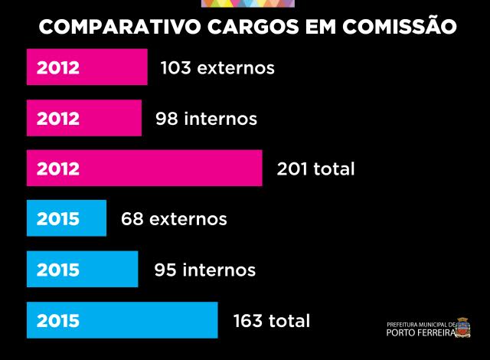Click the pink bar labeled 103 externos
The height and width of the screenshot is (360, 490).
(87, 67)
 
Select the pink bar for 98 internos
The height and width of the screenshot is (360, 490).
(83, 118)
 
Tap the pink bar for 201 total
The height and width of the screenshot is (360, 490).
(144, 168)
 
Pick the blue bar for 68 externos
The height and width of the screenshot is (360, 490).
(66, 218)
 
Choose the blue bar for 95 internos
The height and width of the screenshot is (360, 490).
(82, 269)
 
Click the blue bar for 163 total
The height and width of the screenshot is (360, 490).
(122, 320)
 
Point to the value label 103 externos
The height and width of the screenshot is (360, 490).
(217, 67)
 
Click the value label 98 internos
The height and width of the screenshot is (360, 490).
(206, 119)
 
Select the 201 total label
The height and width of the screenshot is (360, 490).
(315, 169)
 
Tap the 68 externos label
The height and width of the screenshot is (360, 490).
(174, 219)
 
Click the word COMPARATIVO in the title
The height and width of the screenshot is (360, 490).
(119, 28)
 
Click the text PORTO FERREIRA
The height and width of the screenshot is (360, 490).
(420, 332)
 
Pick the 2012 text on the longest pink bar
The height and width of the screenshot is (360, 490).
(57, 169)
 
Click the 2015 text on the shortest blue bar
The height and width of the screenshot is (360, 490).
(57, 219)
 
